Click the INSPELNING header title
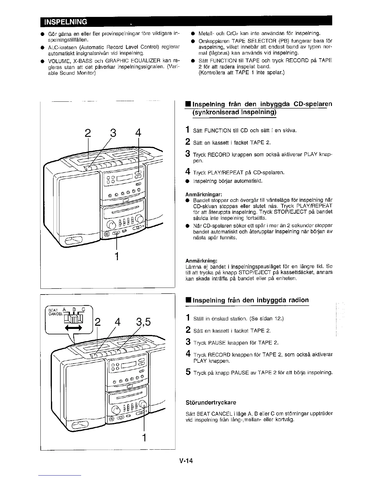[66, 22]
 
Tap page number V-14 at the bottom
[185, 461]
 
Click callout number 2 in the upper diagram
[87, 133]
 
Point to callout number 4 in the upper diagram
[138, 133]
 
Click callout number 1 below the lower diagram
[144, 437]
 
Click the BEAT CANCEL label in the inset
[53, 312]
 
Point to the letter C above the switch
[84, 309]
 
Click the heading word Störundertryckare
[211, 403]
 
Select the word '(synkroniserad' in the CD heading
[214, 112]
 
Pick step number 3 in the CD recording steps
[188, 154]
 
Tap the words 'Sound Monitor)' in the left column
[78, 73]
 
